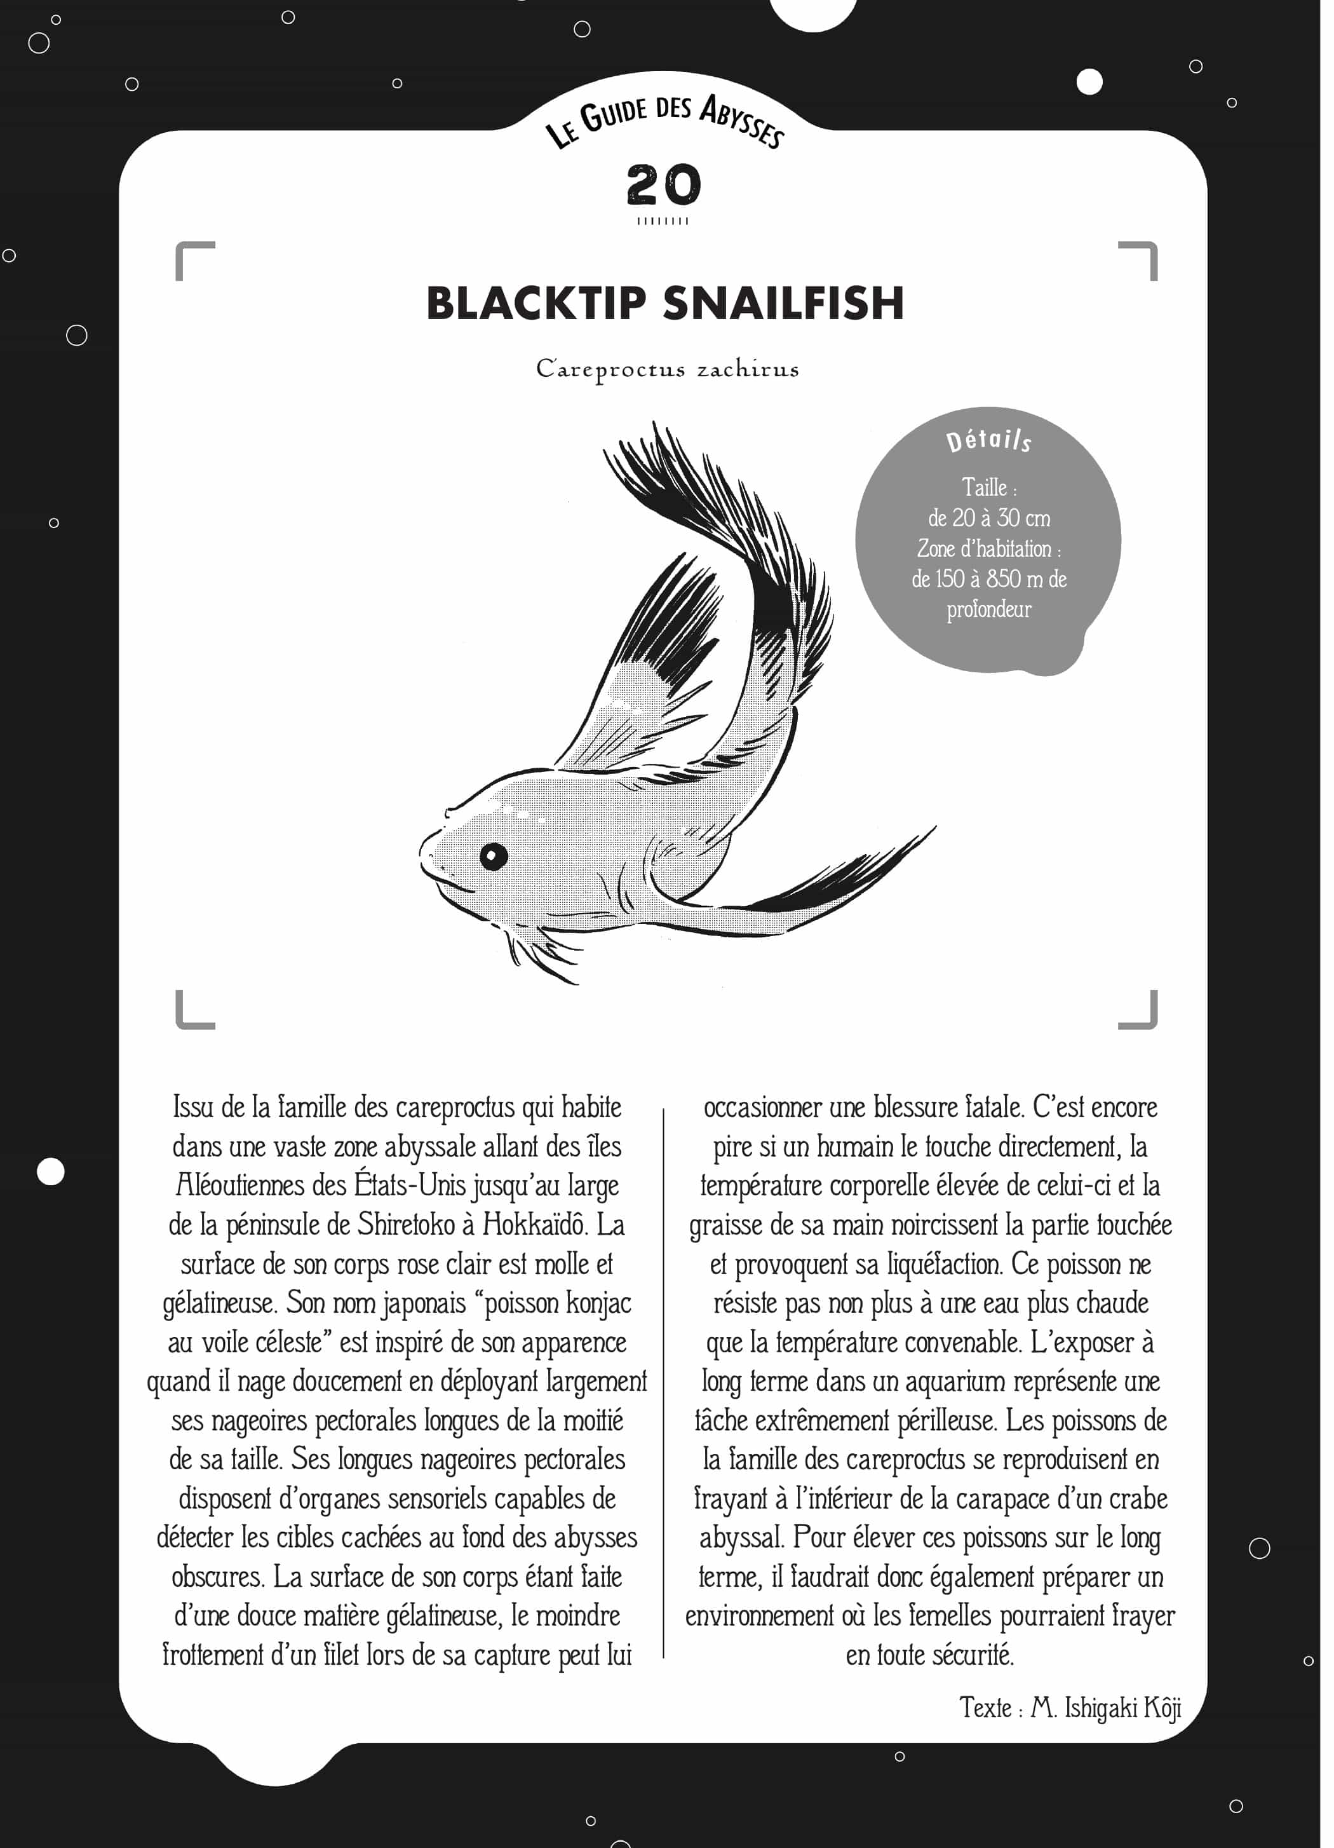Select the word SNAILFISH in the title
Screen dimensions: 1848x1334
[783, 304]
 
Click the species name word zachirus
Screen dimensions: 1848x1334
[748, 370]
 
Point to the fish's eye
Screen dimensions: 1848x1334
[494, 855]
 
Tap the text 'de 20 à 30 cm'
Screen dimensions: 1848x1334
[988, 518]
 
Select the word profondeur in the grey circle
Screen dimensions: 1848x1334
[988, 609]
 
